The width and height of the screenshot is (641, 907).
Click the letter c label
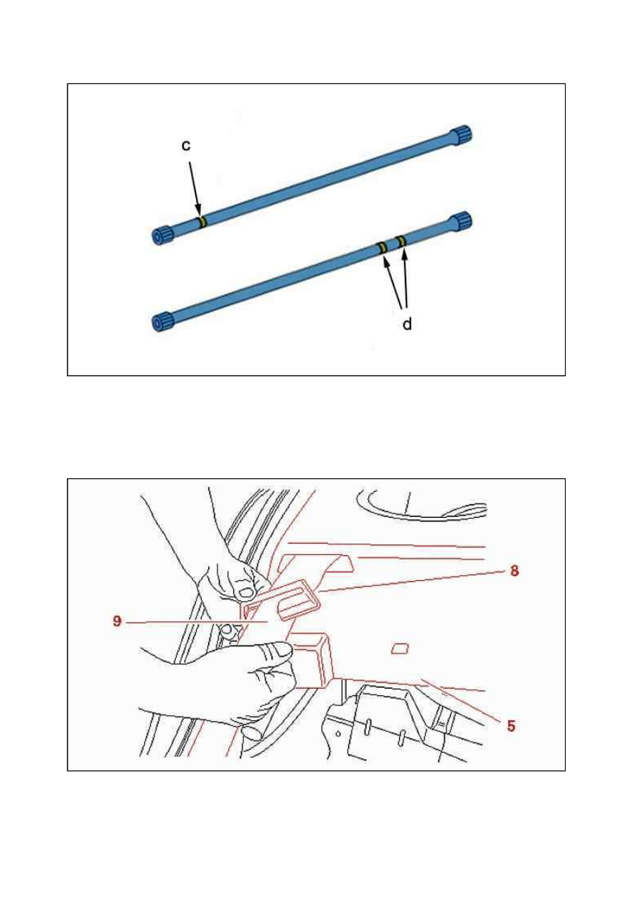[x=186, y=145]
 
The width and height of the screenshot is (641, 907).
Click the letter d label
[x=407, y=324]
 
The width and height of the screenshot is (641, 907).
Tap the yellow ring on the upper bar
[x=202, y=221]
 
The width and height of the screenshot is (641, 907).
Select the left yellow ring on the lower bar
[x=383, y=248]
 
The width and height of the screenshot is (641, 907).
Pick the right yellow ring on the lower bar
[x=401, y=241]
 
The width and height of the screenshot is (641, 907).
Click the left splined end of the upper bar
[x=163, y=236]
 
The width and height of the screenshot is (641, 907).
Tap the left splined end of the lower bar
[x=163, y=322]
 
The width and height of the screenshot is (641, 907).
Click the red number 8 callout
[x=515, y=571]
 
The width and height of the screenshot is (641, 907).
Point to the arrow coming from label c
[x=195, y=189]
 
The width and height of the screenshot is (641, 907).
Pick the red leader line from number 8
[x=413, y=582]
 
